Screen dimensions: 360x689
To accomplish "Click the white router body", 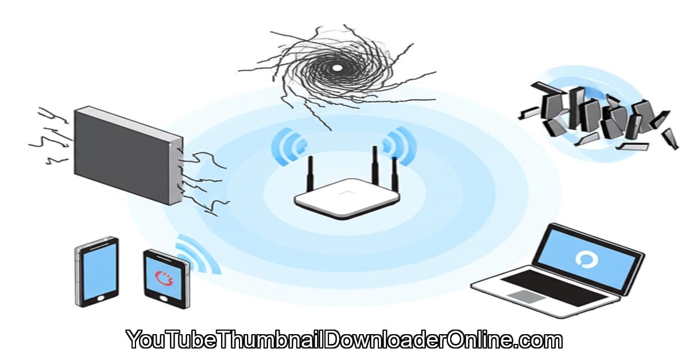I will coord(346,198).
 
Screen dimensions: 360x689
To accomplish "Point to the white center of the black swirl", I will coord(337,68).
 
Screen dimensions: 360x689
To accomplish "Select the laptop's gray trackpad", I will coord(524,296).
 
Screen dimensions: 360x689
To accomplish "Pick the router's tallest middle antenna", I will coord(374,167).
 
